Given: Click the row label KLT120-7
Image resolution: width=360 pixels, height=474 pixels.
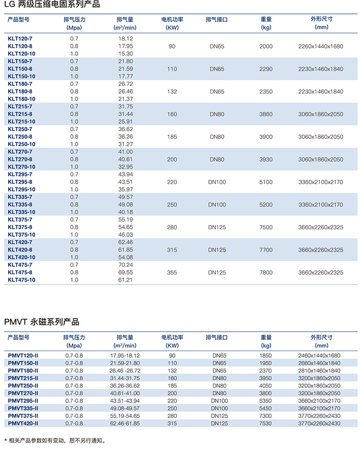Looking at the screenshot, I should pos(20,39).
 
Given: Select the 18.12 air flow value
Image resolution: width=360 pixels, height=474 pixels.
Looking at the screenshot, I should pos(125,39).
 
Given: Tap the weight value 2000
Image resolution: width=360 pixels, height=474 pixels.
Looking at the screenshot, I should pos(266,46).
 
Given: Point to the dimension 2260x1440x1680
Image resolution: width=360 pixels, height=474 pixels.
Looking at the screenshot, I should pos(320,46).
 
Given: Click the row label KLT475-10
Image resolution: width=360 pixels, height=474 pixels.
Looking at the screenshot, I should pos(22,280).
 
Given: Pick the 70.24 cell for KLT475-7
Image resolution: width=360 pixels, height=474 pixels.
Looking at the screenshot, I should pos(125,265).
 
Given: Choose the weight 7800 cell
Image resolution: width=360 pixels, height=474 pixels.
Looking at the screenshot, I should pos(266,272).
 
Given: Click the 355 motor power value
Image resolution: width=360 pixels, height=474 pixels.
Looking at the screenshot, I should pos(172,272).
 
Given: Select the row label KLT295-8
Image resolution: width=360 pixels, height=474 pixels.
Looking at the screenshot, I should pos(20,182).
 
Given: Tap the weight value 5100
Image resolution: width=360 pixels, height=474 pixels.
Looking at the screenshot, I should pos(266,182).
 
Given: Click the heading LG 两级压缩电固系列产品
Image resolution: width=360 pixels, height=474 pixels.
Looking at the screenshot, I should pos(52,5).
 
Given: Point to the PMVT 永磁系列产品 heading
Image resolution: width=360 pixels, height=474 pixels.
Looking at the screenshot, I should pos(42,322).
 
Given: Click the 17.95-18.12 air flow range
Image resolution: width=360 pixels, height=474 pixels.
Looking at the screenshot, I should pos(125,355).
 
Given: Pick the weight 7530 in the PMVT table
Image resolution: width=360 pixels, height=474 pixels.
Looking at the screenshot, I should pos(266,423).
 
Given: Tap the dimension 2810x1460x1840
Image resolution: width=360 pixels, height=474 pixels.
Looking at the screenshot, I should pos(319,371).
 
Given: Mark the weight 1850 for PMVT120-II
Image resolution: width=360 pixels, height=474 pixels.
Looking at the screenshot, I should pos(266,355).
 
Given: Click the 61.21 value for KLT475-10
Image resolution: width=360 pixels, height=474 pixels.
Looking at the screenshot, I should pos(125,280).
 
